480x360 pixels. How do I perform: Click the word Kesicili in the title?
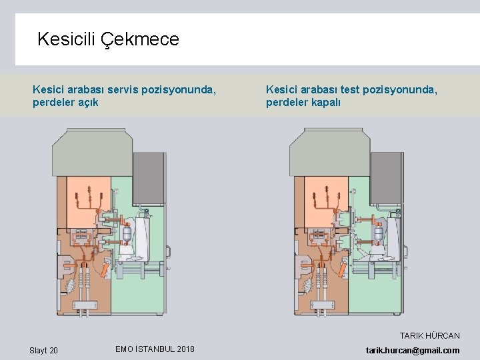coord(67,39)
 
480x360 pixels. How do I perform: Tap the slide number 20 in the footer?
coord(53,351)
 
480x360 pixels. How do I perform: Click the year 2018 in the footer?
coord(182,349)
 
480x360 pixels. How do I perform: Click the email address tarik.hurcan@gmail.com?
coord(413,351)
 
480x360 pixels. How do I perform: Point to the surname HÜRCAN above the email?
coord(443,336)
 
